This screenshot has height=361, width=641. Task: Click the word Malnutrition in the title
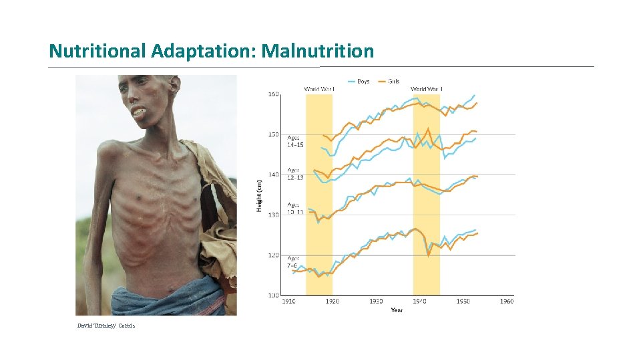[318, 51]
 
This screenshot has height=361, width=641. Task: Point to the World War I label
[319, 89]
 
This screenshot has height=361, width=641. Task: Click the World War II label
[426, 89]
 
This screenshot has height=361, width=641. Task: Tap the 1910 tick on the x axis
[288, 302]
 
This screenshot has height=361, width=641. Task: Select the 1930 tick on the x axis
[376, 302]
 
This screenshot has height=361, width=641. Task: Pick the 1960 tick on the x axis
[507, 302]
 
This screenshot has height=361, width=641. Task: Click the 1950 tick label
[463, 302]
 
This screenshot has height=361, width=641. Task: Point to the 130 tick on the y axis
[273, 215]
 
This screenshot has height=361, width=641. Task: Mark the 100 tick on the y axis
[273, 295]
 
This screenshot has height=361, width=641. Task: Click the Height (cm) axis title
[259, 195]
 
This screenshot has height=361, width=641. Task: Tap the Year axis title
[397, 310]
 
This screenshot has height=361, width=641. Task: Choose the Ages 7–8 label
[294, 261]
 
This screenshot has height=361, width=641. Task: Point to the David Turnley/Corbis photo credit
[105, 326]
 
